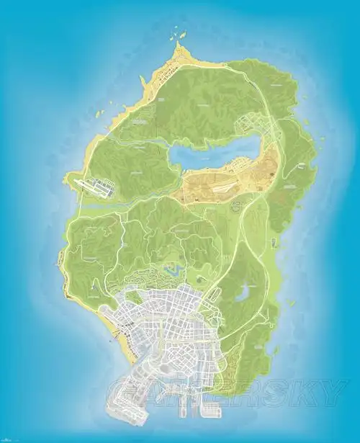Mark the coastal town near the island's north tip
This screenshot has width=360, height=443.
167,71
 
